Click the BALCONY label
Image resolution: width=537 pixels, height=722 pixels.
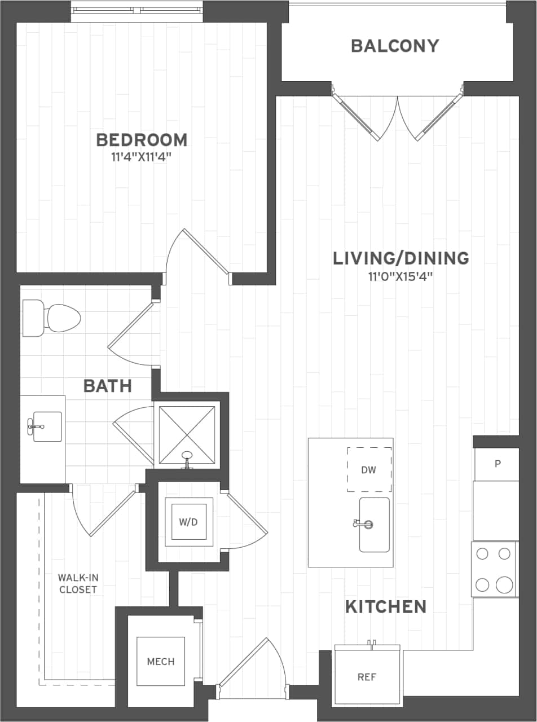[395, 46]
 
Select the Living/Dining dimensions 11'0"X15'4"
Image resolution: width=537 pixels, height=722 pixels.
[401, 277]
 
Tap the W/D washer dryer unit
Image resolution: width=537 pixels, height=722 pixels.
[188, 522]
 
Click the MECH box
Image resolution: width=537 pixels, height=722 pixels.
[161, 661]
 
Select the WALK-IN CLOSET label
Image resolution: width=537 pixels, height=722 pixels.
[77, 584]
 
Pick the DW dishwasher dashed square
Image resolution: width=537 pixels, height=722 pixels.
[369, 469]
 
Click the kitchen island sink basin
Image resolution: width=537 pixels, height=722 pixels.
[375, 525]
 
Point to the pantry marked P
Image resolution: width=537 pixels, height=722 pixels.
[497, 464]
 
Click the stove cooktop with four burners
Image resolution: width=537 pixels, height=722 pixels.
[494, 569]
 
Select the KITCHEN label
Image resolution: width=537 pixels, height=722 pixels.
[386, 607]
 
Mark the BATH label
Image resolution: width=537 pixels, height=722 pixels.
[107, 386]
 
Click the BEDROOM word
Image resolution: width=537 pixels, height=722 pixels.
[142, 139]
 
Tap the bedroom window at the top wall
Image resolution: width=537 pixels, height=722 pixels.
[137, 10]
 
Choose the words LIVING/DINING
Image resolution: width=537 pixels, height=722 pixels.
[401, 258]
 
